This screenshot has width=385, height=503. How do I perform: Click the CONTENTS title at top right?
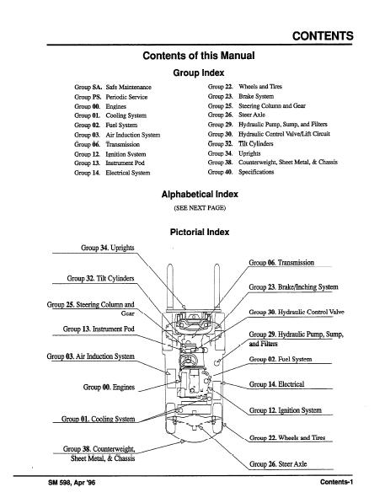point(323,36)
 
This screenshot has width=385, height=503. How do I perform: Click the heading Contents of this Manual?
point(199,56)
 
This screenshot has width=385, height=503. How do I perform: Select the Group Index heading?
point(199,72)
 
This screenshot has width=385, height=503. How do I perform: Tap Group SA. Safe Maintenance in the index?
point(113,87)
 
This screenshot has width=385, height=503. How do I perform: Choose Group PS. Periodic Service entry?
point(110,97)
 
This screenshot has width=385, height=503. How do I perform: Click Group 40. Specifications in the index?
point(241,172)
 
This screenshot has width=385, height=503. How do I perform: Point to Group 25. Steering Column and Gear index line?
point(257,106)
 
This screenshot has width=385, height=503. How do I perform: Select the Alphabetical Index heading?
point(200,194)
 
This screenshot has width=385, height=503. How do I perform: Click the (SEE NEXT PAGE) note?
point(200,208)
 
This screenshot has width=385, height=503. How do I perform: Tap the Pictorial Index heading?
point(200,232)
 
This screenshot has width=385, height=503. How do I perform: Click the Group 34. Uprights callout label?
point(108,248)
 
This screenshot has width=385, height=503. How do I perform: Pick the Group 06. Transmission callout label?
point(281,263)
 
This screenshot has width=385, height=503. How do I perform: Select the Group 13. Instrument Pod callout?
point(99,329)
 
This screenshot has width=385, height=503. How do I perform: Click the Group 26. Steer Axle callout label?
point(278,464)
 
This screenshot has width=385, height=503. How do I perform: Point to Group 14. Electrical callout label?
point(276,384)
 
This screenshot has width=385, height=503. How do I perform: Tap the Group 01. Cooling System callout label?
point(99,419)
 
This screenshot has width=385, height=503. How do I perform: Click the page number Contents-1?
point(336,482)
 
